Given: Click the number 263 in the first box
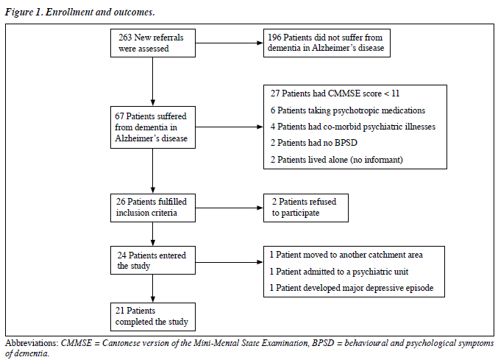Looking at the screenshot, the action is [x=125, y=38].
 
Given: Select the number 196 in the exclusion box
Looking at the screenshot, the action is [x=274, y=38].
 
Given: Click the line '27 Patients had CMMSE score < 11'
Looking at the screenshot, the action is [x=335, y=93].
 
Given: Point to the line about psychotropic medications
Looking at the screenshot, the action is [x=348, y=110].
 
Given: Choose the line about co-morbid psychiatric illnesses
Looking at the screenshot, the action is [x=353, y=127].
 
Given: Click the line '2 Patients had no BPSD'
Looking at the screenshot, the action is [x=314, y=143].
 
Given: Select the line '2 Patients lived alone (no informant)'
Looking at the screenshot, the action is [x=337, y=160].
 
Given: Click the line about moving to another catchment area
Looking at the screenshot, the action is [x=346, y=255].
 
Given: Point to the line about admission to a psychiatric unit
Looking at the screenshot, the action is [x=339, y=272].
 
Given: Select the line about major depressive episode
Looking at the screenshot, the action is [x=352, y=288].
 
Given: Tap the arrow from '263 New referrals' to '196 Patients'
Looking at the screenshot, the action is [x=230, y=43].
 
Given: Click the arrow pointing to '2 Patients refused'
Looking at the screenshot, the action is [x=230, y=208].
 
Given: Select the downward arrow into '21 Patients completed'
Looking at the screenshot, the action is [x=153, y=289].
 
